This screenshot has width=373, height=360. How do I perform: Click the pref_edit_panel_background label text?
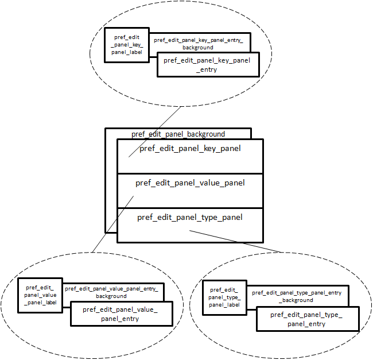(x=178, y=134)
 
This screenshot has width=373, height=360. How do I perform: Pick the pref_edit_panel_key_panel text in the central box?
(x=190, y=149)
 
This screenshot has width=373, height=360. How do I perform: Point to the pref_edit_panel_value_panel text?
(x=190, y=183)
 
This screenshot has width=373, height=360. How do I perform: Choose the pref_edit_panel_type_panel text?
(x=190, y=217)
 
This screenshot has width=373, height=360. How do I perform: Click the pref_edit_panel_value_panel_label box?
(x=40, y=295)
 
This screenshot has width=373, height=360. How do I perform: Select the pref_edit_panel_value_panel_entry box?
(x=120, y=314)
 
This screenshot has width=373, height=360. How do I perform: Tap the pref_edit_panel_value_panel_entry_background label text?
(x=111, y=292)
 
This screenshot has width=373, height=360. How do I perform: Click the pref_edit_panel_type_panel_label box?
(x=224, y=297)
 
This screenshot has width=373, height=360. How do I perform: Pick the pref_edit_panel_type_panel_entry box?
(x=306, y=319)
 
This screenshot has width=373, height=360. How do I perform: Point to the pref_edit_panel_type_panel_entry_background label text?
(x=297, y=296)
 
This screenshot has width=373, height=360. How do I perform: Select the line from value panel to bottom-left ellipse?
(x=113, y=224)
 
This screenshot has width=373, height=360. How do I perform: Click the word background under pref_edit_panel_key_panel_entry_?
(x=199, y=48)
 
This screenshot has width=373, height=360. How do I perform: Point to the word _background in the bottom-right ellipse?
(x=297, y=300)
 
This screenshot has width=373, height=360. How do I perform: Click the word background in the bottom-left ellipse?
(x=111, y=296)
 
